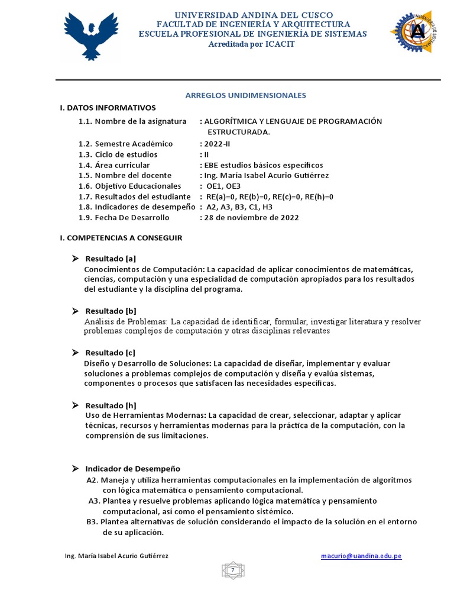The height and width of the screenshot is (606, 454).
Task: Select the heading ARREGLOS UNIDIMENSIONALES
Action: click(246, 95)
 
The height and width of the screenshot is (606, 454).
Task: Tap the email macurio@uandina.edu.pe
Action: click(361, 556)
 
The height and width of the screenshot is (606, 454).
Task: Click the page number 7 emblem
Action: click(233, 570)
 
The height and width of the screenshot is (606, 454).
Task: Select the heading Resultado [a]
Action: click(111, 259)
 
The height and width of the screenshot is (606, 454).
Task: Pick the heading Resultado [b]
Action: click(111, 311)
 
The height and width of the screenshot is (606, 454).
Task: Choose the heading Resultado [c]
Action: click(111, 353)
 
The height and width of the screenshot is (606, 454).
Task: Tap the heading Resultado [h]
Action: click(111, 405)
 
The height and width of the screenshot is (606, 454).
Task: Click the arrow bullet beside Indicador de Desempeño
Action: click(76, 468)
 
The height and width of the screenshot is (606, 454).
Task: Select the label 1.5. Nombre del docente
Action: click(125, 175)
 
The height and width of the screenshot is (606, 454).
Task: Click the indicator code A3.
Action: click(94, 501)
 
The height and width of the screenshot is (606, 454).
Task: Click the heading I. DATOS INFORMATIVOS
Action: click(108, 108)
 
